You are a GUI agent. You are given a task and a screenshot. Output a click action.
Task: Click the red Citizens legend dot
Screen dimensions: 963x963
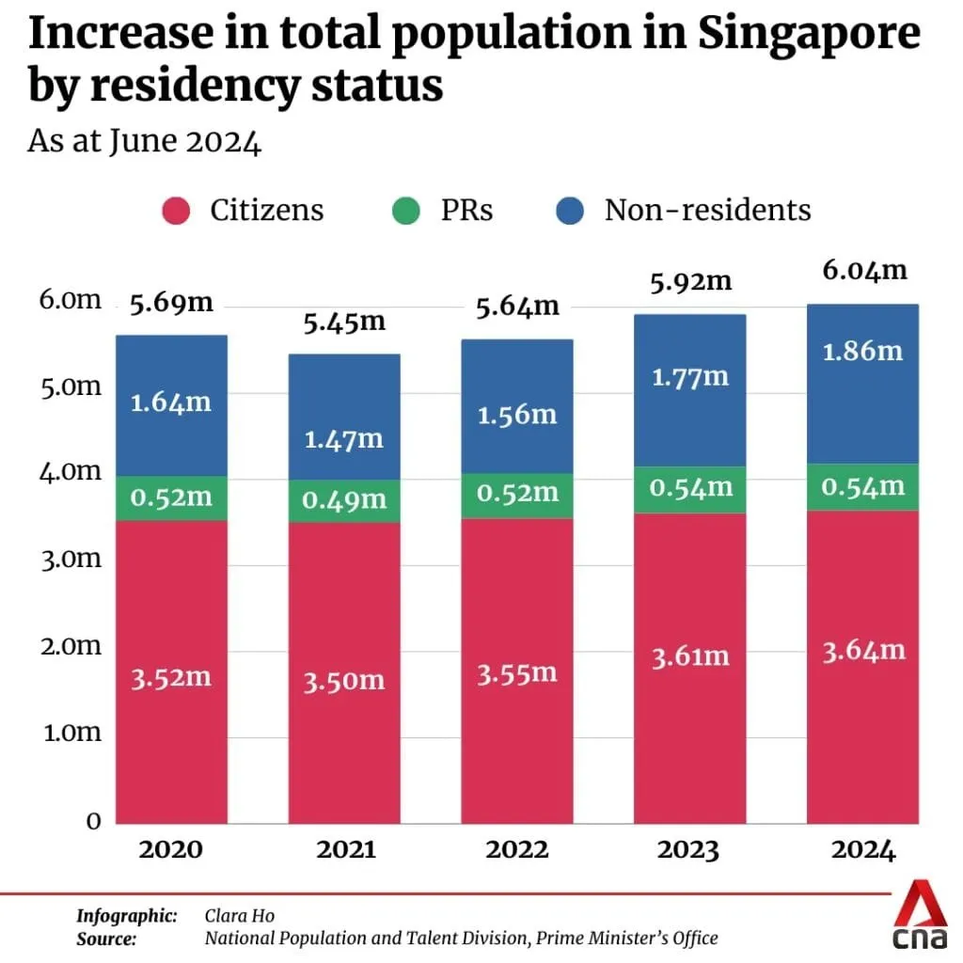pos(178,210)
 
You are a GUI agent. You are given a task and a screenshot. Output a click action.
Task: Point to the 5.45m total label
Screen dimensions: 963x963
pos(343,322)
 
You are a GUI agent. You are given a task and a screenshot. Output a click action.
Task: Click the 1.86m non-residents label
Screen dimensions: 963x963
pos(862,351)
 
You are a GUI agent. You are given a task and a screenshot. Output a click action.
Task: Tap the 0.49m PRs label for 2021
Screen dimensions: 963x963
pos(344,500)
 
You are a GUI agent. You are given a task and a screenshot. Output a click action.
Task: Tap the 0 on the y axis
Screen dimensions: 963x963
pos(93,820)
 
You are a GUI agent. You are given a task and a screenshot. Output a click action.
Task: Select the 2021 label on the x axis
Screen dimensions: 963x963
pos(344,850)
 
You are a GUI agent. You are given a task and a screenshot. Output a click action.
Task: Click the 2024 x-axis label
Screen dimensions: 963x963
pos(862,850)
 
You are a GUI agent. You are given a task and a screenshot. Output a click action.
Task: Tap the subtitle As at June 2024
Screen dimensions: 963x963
pos(144,142)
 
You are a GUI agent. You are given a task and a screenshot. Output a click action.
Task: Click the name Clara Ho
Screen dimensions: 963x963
pos(239,915)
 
